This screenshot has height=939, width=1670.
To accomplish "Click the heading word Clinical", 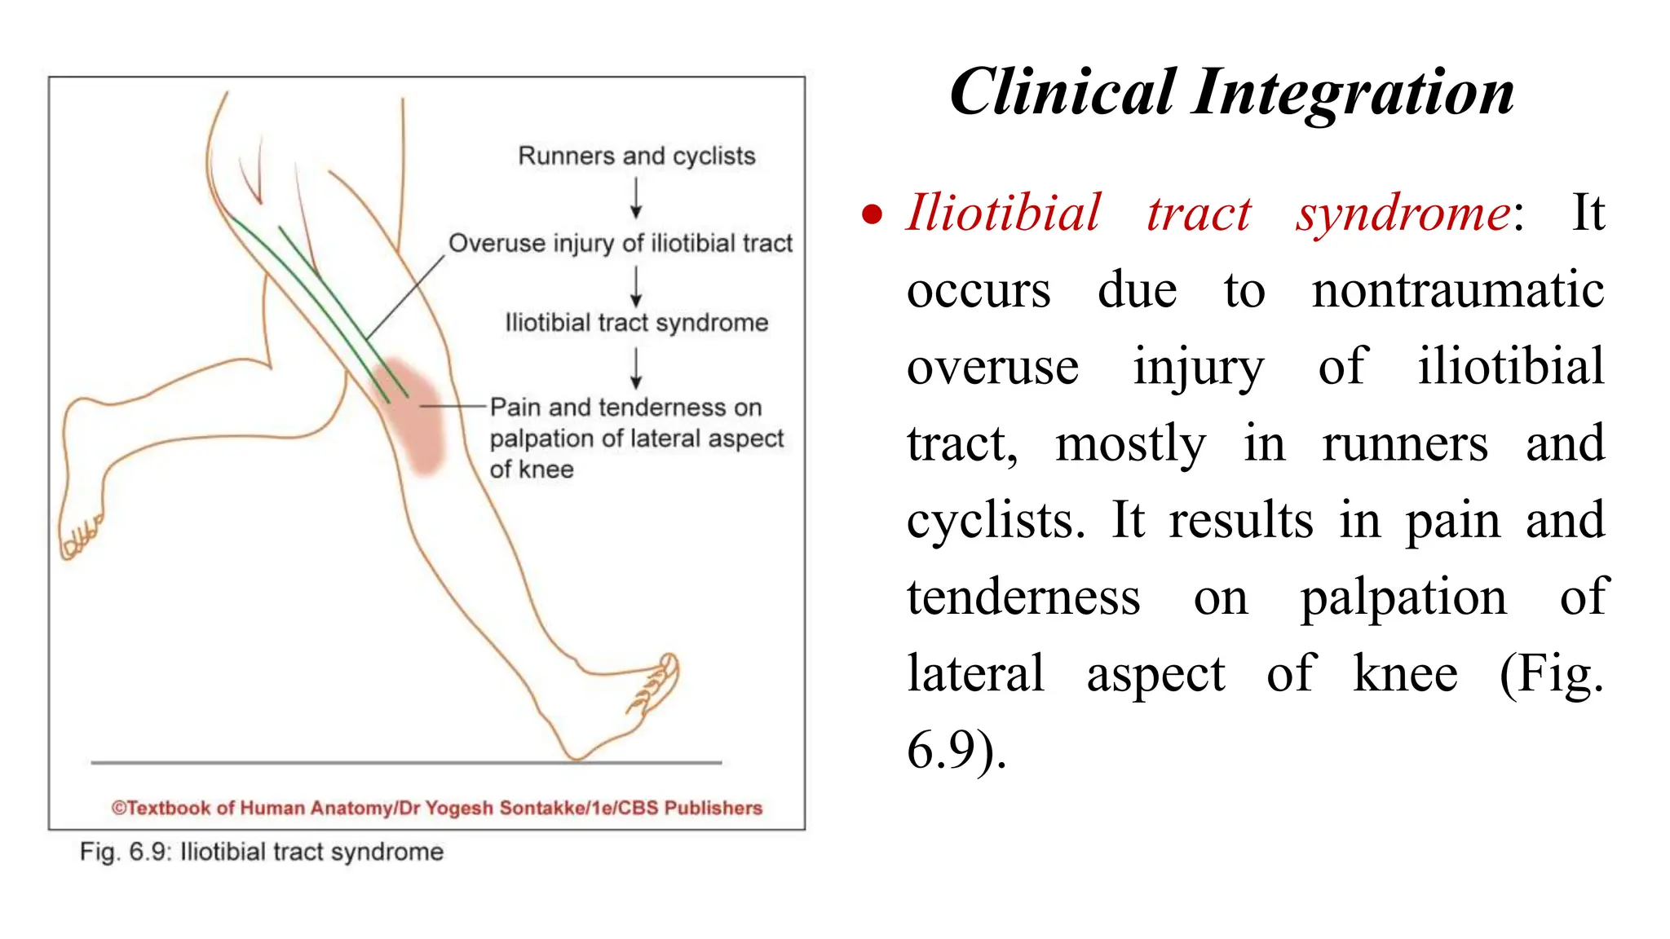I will [x=1063, y=92].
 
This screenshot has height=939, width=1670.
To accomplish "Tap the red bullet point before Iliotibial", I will [x=872, y=214].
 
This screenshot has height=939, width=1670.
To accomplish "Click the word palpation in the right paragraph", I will [x=1403, y=597].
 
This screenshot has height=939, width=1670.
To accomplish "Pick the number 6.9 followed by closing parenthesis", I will [x=956, y=749].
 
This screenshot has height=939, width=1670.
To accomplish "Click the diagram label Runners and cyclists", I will [x=636, y=156].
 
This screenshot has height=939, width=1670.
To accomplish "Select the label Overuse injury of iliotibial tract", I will [x=620, y=243].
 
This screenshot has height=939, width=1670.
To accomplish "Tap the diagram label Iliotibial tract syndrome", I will [x=636, y=323].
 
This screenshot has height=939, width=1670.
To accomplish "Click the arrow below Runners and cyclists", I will [x=636, y=198].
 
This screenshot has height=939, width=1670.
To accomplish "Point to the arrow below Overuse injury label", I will [x=636, y=285].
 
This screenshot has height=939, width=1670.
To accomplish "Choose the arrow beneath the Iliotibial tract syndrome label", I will [x=636, y=368].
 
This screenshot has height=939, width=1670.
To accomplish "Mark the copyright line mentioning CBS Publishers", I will [x=437, y=808].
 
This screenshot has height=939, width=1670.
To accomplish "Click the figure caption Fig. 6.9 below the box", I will [x=261, y=852].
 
